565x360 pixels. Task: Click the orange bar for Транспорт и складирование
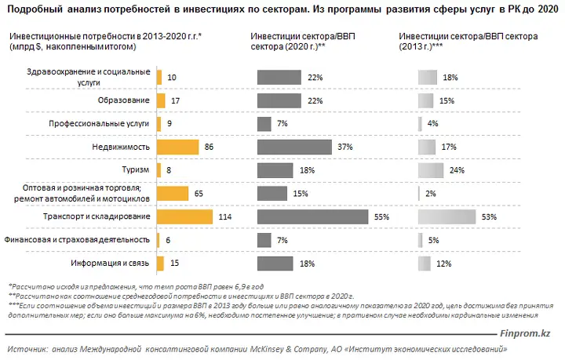(184, 216)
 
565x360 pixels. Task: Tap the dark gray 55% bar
(313, 216)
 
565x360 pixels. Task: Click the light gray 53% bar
(447, 216)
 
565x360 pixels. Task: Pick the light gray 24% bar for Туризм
(431, 170)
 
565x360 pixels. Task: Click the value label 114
(225, 216)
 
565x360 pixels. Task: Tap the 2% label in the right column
(431, 194)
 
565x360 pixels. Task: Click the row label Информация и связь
(110, 263)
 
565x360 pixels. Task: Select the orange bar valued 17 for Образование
(161, 101)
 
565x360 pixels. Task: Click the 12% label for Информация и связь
(443, 264)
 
